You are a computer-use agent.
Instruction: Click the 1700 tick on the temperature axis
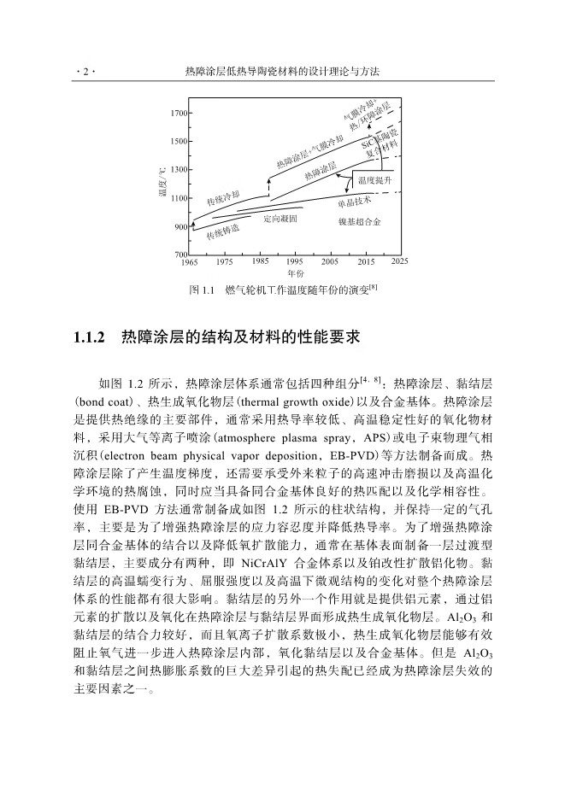point(178,113)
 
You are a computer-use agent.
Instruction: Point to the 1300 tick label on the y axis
point(178,170)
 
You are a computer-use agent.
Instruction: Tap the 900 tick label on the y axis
point(180,226)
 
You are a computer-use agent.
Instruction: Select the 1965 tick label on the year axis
point(190,262)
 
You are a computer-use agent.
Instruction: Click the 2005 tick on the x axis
point(330,262)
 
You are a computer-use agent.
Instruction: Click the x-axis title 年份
point(295,273)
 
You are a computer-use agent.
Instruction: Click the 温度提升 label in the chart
point(375,181)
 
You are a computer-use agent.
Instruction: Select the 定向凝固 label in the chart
point(280,219)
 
